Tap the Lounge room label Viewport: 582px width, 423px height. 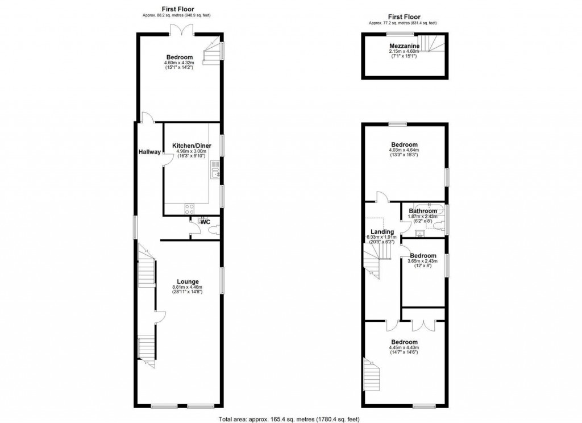click(188, 281)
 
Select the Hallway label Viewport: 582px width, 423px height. click(149, 152)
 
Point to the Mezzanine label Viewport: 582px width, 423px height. click(404, 45)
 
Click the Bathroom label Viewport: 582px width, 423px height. click(423, 211)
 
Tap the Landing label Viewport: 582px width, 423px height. click(382, 231)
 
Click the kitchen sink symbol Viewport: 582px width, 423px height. click(215, 169)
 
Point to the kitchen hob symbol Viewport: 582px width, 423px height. click(189, 208)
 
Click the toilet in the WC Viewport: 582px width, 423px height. click(213, 230)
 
